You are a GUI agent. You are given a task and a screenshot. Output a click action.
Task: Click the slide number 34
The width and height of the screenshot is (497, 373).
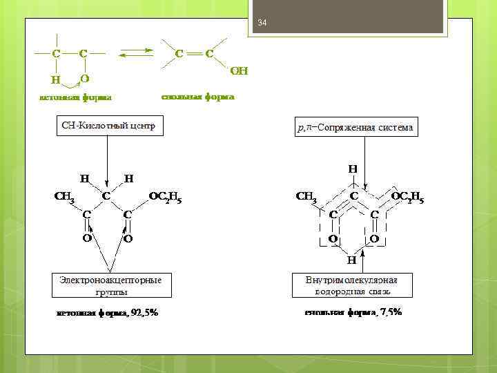pos(262,24)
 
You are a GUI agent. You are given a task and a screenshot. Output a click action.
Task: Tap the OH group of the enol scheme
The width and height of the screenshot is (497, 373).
pos(238,71)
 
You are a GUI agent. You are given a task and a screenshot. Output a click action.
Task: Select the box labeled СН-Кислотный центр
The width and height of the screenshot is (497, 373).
pos(108,126)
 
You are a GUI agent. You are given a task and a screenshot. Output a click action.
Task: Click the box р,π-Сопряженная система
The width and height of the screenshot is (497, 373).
pos(355,128)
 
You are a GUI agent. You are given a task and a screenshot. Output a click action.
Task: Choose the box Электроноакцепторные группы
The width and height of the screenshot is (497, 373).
pos(111,285)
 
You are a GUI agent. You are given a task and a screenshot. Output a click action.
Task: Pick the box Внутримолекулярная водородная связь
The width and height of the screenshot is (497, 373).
pos(351,285)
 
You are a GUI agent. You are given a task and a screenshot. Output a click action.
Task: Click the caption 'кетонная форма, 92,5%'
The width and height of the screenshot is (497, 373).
pos(107,313)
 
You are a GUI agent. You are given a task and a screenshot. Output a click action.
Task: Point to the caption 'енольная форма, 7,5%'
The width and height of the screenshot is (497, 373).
pos(353,312)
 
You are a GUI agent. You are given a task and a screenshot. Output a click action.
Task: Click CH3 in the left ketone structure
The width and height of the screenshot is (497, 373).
pos(64,196)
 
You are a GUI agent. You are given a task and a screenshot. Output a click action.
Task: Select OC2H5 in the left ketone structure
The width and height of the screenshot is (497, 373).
pos(166,196)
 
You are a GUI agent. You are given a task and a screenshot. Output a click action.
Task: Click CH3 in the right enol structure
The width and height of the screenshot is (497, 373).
pos(306,196)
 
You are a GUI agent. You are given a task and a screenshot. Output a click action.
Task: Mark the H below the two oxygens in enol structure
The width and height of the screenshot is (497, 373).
pos(351,260)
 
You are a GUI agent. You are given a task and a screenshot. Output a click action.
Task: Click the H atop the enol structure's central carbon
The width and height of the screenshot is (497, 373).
pos(353,168)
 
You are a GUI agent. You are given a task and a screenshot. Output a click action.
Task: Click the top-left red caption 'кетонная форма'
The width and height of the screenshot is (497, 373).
pos(75,97)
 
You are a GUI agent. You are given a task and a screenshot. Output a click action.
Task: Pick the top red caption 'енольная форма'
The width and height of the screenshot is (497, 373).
pos(197,97)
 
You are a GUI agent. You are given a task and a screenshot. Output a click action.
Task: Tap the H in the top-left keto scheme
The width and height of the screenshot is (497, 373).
pos(55,79)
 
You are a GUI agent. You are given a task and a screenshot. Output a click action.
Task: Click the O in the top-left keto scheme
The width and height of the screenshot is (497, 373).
pos(84,77)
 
